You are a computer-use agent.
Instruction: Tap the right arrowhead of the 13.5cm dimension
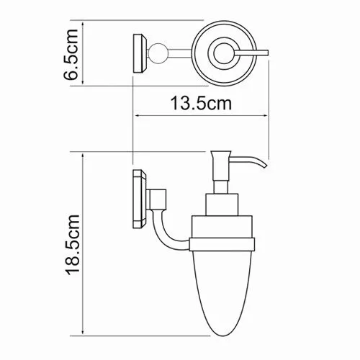click(x=266, y=114)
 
